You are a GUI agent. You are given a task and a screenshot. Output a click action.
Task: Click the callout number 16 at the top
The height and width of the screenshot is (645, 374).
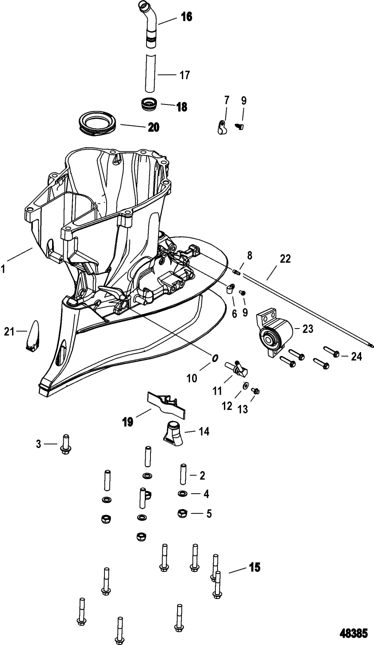coord(187,17)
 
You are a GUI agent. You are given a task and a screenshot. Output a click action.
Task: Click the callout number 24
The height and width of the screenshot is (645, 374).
coord(356,356)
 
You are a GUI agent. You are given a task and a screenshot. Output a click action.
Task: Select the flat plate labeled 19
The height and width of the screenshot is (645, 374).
coord(166,403)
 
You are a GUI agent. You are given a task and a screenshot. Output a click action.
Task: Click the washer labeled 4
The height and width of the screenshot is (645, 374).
coord(182,493)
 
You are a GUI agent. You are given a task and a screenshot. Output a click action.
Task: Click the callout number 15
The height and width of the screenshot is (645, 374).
coord(255,567)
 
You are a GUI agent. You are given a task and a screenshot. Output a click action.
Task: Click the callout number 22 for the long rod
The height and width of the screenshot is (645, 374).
coord(285,259)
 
